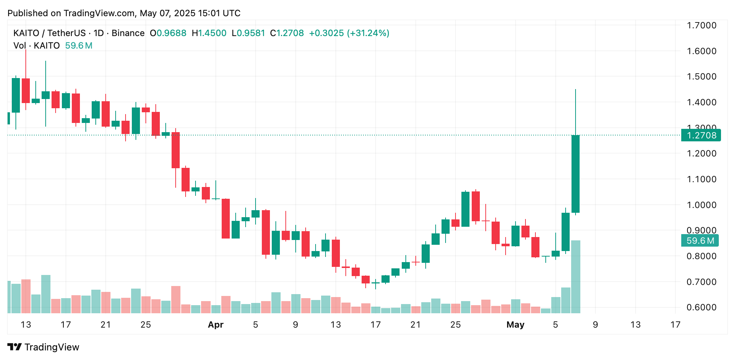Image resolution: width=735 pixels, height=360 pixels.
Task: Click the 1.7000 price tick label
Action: click(x=701, y=25)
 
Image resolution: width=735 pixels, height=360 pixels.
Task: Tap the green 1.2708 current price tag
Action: click(x=701, y=135)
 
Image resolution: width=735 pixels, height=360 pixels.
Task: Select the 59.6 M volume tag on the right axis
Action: click(x=700, y=241)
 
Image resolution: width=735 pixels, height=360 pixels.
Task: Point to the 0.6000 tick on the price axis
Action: click(x=701, y=307)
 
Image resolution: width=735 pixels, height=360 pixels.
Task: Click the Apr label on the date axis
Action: click(x=215, y=325)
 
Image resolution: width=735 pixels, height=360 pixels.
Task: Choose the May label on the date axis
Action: click(x=515, y=325)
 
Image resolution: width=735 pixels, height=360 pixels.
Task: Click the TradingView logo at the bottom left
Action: click(x=43, y=347)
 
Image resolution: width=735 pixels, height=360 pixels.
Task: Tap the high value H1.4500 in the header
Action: click(x=209, y=33)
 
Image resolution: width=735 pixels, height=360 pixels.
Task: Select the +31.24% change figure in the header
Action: click(x=368, y=33)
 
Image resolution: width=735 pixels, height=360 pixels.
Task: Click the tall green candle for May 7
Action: click(x=575, y=174)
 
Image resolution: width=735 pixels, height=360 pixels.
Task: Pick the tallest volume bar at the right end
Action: click(x=575, y=277)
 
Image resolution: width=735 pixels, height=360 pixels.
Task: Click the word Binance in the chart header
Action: click(x=128, y=33)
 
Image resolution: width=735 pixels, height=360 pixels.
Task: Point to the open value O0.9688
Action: click(x=168, y=33)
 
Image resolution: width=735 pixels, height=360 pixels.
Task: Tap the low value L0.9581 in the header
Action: click(x=249, y=33)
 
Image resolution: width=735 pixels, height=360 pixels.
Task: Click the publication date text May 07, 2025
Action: click(x=168, y=13)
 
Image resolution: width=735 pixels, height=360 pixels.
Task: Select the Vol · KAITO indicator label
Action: click(x=36, y=46)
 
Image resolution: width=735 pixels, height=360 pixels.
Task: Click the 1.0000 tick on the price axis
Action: click(x=701, y=205)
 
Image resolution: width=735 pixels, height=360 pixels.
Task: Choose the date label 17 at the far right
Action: click(x=675, y=325)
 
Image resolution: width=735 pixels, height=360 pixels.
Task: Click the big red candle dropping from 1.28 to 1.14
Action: click(x=176, y=150)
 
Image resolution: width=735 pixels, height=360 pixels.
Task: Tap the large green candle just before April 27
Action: click(x=465, y=209)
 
